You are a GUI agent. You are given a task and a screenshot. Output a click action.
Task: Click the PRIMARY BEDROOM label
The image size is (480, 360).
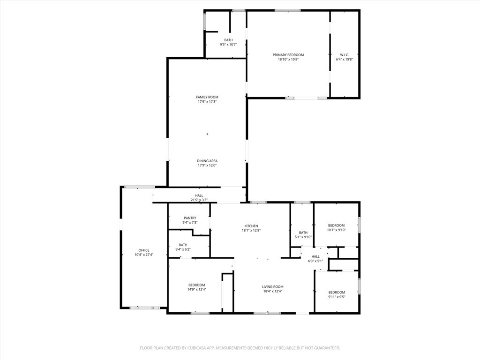pos(288,55)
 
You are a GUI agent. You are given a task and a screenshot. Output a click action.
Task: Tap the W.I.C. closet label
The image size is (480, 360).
pos(345,55)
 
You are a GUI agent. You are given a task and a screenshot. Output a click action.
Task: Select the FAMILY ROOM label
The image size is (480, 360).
pos(207,97)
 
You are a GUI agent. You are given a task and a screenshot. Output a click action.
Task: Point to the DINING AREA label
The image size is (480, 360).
pos(207,161)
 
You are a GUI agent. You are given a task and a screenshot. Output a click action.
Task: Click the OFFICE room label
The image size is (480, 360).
pos(144,250)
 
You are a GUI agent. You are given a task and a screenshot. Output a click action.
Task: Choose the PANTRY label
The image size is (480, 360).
pos(190,218)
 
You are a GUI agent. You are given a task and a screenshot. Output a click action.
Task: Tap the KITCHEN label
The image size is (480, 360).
pos(251,226)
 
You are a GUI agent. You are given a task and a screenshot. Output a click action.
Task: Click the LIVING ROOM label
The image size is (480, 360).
pos(273,287)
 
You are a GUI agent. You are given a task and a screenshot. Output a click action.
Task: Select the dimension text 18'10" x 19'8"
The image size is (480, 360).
pos(288,60)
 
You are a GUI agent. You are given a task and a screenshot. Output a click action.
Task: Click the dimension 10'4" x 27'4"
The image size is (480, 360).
pos(144,255)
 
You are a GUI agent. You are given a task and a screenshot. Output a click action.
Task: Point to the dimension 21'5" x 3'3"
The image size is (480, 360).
pos(199,200)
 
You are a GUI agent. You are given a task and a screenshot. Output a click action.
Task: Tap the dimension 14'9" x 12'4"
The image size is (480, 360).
pos(197,290)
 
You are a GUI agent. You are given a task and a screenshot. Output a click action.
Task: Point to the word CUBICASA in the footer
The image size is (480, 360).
pos(202,348)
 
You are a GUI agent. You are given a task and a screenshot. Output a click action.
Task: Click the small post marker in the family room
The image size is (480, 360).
pos(207,134)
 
